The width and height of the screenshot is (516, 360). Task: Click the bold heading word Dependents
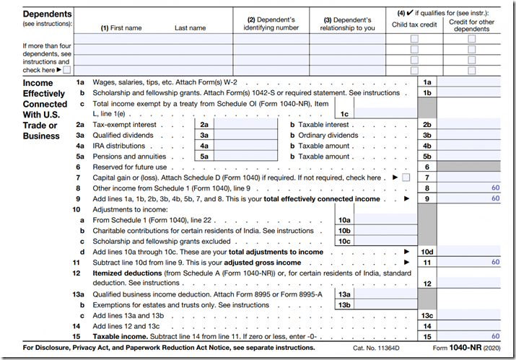pos(48,14)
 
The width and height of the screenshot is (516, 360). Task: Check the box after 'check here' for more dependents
pos(66,70)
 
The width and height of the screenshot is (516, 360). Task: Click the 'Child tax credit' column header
pos(414,25)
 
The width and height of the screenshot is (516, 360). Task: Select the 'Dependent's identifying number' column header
pos(271,24)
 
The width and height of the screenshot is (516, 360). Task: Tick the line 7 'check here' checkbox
pos(406,177)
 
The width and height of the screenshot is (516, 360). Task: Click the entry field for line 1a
pos(472,82)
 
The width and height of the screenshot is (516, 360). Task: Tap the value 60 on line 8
pos(495,188)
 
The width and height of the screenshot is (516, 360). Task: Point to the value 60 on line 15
pos(495,336)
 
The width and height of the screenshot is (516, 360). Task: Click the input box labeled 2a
pos(246,124)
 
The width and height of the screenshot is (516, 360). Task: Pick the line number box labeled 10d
pos(427,252)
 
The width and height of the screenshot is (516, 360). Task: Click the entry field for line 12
pos(472,284)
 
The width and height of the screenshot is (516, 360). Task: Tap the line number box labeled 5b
pos(427,156)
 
